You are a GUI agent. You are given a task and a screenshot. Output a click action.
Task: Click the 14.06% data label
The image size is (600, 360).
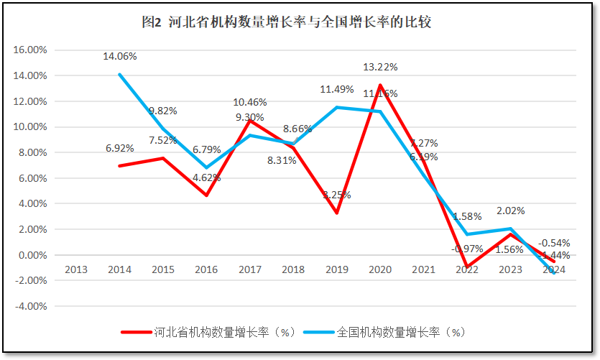pyautogui.click(x=120, y=56)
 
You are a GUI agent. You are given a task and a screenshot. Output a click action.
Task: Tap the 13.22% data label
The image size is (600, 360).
pyautogui.click(x=380, y=67)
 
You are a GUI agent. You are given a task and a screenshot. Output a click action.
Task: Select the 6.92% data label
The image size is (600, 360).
pyautogui.click(x=120, y=148)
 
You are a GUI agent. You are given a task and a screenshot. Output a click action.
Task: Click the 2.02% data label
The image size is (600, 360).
pyautogui.click(x=510, y=211)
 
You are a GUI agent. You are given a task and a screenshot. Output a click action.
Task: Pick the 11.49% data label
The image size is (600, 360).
pyautogui.click(x=337, y=89)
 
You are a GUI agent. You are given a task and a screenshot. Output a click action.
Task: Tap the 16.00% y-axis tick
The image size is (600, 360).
pyautogui.click(x=30, y=50)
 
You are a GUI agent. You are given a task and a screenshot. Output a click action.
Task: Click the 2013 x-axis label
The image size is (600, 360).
pyautogui.click(x=76, y=269)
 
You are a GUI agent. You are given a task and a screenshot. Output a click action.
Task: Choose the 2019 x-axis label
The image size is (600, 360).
pyautogui.click(x=337, y=269)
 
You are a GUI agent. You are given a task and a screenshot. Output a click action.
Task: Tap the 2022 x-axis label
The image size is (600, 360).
pyautogui.click(x=467, y=269)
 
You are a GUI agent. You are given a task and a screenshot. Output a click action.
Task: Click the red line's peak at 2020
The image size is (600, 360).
pyautogui.click(x=380, y=86)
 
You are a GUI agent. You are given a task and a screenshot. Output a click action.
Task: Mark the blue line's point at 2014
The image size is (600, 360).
pyautogui.click(x=119, y=75)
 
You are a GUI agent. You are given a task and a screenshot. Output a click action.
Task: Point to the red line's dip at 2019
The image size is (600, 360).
pyautogui.click(x=337, y=213)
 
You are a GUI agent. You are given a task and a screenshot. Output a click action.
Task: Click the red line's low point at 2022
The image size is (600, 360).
pyautogui.click(x=467, y=267)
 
